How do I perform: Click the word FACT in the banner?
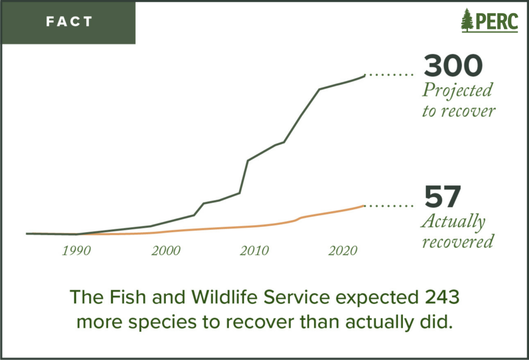coord(69,22)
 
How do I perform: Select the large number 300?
coord(454,66)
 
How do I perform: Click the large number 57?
coord(442,197)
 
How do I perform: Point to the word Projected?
coord(457,91)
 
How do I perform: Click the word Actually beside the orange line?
coord(453,222)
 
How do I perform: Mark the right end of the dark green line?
coord(364,75)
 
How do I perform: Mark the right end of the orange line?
coord(364,206)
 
